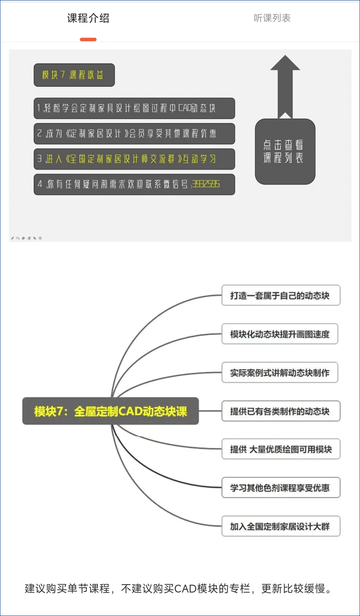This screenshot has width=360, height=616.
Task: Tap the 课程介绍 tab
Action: pyautogui.click(x=88, y=18)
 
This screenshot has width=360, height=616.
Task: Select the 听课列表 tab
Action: pyautogui.click(x=272, y=18)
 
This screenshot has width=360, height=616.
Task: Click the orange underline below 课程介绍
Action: pyautogui.click(x=88, y=39)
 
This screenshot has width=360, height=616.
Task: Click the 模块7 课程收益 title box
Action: pyautogui.click(x=74, y=75)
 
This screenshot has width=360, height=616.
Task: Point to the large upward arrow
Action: pyautogui.click(x=285, y=87)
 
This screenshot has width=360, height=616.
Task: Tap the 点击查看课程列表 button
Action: pyautogui.click(x=285, y=152)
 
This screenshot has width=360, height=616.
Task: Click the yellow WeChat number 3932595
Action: pyautogui.click(x=206, y=184)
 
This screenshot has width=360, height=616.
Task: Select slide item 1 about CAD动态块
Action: pyautogui.click(x=134, y=108)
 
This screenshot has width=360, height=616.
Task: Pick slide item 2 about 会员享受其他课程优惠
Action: pyautogui.click(x=134, y=134)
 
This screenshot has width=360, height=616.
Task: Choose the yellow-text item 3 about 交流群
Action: pyautogui.click(x=134, y=159)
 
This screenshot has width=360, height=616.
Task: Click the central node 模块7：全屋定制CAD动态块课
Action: pyautogui.click(x=111, y=411)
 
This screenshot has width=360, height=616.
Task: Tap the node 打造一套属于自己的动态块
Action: pyautogui.click(x=281, y=295)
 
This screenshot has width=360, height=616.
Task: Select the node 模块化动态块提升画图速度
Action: pyautogui.click(x=280, y=334)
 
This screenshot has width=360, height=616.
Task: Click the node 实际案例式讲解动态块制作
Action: pyautogui.click(x=280, y=372)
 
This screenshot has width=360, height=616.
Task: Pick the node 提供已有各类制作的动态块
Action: pyautogui.click(x=281, y=411)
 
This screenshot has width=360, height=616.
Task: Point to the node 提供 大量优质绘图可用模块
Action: pyautogui.click(x=281, y=449)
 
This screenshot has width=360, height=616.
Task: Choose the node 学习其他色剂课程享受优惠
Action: pyautogui.click(x=281, y=487)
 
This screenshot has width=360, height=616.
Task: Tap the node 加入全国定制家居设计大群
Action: pyautogui.click(x=281, y=526)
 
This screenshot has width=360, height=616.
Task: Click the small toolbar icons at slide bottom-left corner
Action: pyautogui.click(x=26, y=238)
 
